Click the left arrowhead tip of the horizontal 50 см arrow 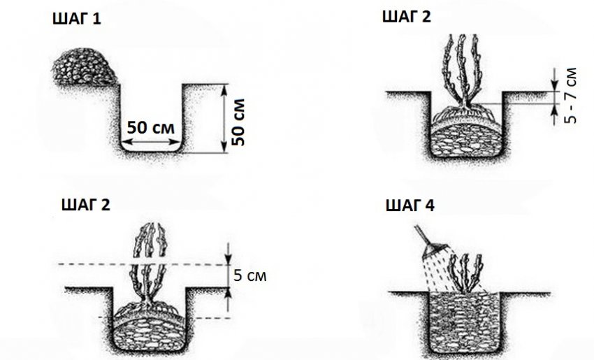(122, 142)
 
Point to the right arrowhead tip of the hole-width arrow (180, 142)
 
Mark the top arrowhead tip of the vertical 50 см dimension (225, 85)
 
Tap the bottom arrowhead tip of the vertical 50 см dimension (225, 152)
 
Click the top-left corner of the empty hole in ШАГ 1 (120, 84)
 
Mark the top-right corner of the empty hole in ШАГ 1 (182, 84)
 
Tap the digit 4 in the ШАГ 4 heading (430, 206)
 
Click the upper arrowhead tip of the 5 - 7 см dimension (555, 92)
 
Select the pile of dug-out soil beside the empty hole (84, 66)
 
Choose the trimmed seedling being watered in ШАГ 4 (465, 273)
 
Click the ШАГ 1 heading (77, 19)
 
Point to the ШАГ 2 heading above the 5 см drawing (86, 205)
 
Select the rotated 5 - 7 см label (570, 96)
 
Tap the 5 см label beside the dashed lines (250, 275)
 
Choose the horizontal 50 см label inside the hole (151, 128)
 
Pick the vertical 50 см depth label (238, 122)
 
